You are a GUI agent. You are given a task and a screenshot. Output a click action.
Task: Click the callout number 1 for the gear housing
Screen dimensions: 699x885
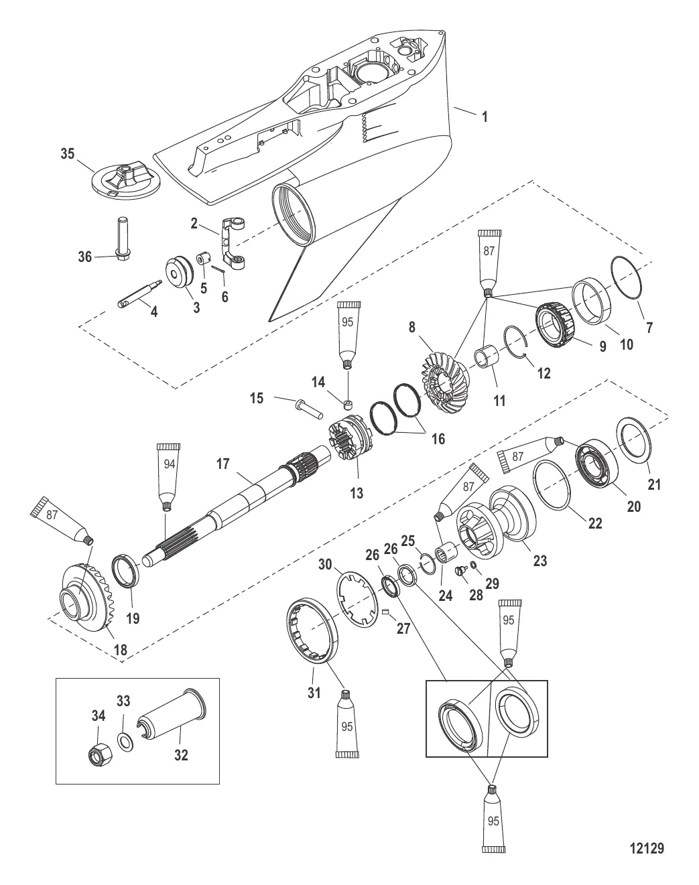point(485,117)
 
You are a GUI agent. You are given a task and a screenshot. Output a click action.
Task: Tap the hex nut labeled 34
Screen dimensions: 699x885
point(101,754)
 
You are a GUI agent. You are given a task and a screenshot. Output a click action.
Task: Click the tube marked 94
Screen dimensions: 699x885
point(169,477)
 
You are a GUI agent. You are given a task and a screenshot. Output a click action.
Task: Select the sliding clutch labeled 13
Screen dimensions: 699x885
point(350,439)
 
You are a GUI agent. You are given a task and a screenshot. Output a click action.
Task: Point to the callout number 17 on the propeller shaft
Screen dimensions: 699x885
point(223,464)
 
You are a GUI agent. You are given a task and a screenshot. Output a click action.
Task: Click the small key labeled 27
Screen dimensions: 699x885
point(385,612)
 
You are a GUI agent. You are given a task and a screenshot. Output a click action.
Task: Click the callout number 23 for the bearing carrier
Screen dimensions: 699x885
point(539,560)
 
